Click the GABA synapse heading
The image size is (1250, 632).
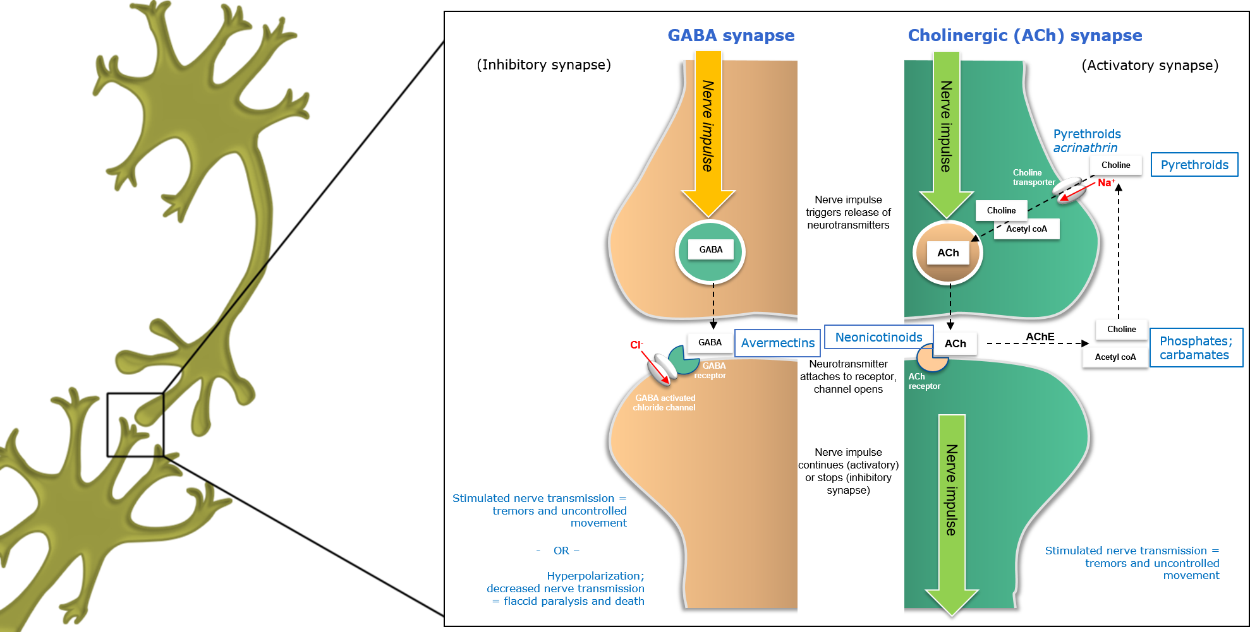731,35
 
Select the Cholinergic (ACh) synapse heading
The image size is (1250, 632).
1024,35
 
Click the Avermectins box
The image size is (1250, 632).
777,343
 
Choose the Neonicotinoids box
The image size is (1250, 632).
878,337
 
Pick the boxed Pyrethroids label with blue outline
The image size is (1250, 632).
1194,165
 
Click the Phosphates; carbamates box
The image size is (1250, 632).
1196,348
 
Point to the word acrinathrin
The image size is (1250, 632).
1084,148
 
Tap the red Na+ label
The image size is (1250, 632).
1106,182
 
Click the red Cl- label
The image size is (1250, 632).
636,345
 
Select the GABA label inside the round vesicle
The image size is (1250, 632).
711,249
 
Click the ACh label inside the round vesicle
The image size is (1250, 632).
948,253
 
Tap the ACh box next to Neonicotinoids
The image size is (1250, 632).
955,343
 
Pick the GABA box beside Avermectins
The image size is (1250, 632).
710,342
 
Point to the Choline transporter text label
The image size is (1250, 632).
1033,177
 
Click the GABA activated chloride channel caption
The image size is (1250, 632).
664,403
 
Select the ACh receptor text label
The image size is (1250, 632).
924,381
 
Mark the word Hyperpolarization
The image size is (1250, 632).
595,576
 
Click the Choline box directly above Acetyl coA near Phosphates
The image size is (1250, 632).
1121,329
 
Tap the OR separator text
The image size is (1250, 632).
561,551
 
